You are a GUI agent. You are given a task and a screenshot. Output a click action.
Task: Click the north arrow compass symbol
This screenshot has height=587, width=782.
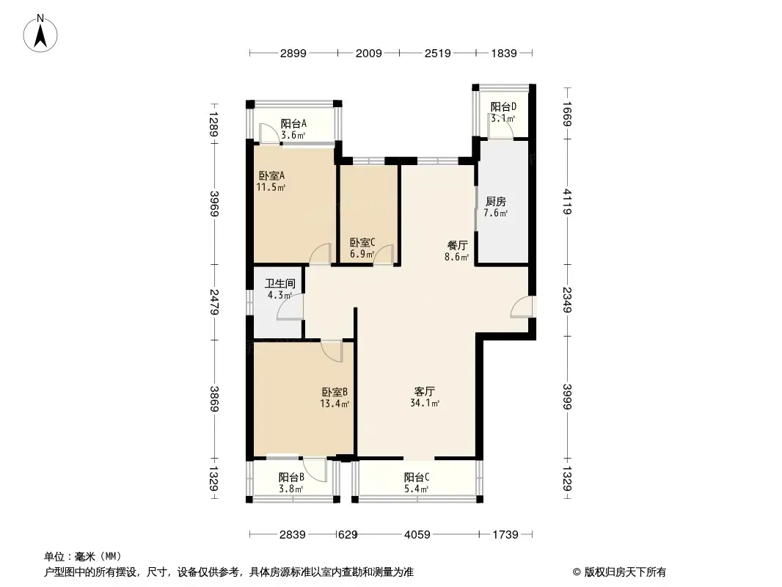[40, 33]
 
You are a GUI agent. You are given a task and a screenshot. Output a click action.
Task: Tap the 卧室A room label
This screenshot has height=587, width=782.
[271, 181]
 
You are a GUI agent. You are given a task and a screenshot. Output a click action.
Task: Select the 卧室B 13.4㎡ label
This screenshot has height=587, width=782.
[334, 398]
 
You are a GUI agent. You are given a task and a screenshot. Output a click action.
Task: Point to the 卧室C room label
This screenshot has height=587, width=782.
[362, 248]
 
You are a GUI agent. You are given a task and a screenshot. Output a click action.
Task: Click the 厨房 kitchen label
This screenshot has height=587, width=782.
[496, 207]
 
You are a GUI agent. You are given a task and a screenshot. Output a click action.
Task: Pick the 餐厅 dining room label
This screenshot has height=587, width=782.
[457, 251]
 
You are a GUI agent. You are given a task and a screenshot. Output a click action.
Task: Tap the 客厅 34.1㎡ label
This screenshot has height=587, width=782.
[425, 397]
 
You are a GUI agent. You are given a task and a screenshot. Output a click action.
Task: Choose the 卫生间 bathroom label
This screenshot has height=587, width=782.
[279, 289]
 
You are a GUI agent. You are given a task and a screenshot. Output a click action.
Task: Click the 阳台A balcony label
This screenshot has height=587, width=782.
[293, 129]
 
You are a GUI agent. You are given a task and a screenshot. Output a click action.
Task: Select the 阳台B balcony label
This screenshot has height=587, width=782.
[291, 483]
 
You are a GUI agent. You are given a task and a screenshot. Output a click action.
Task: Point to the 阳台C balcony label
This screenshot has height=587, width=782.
[417, 483]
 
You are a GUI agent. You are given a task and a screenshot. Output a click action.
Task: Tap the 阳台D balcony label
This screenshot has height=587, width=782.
[503, 112]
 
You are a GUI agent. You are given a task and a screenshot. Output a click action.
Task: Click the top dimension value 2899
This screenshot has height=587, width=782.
[293, 53]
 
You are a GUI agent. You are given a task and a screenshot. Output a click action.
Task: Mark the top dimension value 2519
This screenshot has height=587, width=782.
[438, 53]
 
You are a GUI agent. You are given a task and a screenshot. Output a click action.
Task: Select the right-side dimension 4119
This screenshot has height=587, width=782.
[567, 202]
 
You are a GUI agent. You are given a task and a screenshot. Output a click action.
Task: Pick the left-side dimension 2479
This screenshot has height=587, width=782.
[214, 302]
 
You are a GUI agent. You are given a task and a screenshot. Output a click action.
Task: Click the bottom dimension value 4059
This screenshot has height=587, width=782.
[417, 535]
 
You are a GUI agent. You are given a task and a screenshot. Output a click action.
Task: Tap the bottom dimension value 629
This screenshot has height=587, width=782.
[348, 535]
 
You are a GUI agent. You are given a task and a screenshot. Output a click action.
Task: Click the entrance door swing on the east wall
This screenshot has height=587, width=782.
[522, 306]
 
